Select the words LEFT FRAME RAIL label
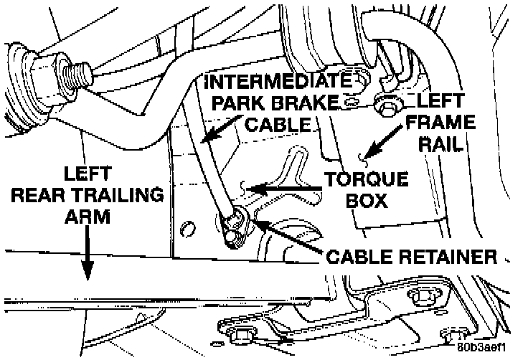pos(434,122)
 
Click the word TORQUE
pos(366,179)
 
